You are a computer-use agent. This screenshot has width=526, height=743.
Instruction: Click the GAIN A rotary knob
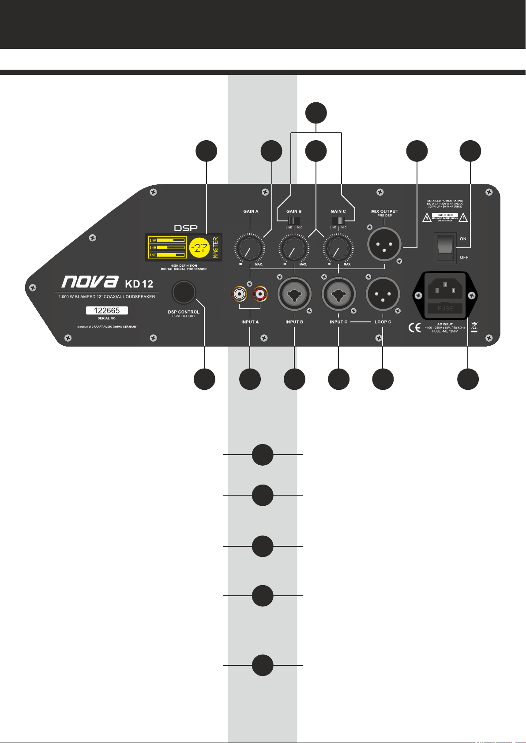pyautogui.click(x=250, y=249)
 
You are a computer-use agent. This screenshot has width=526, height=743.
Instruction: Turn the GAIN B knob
pyautogui.click(x=294, y=249)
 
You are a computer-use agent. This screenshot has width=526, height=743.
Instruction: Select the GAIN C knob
pyautogui.click(x=338, y=249)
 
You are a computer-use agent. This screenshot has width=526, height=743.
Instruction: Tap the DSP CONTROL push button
pyautogui.click(x=184, y=292)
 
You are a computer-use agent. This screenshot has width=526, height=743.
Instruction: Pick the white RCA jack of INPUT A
pyautogui.click(x=240, y=293)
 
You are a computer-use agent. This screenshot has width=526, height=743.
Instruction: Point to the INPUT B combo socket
pyautogui.click(x=294, y=294)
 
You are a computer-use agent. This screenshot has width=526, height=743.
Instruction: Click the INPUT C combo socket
pyautogui.click(x=338, y=294)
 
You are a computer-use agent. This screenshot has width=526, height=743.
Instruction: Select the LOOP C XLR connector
pyautogui.click(x=383, y=294)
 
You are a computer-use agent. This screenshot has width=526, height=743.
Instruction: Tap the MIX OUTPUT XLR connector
pyautogui.click(x=384, y=244)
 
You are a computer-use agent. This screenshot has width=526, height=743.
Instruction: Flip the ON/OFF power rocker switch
pyautogui.click(x=445, y=247)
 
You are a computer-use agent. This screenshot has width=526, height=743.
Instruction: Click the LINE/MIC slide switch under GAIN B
pyautogui.click(x=294, y=220)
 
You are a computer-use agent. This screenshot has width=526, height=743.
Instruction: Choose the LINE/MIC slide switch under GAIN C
pyautogui.click(x=338, y=220)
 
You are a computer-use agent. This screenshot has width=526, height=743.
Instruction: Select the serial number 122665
pyautogui.click(x=107, y=310)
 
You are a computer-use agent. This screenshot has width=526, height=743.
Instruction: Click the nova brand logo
pyautogui.click(x=90, y=282)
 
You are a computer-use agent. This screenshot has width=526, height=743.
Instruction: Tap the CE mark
pyautogui.click(x=414, y=328)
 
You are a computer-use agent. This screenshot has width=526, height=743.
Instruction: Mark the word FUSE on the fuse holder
pyautogui.click(x=445, y=308)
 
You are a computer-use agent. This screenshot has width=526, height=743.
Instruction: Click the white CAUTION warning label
pyautogui.click(x=445, y=215)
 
